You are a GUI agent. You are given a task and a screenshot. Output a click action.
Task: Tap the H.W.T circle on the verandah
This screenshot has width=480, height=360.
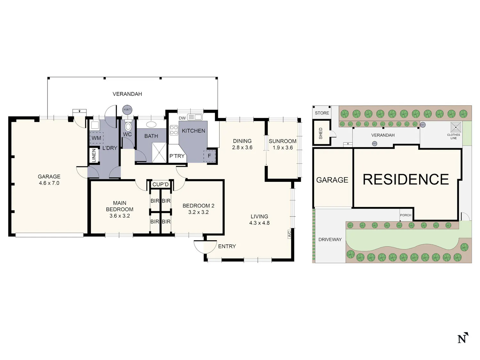click(127, 110)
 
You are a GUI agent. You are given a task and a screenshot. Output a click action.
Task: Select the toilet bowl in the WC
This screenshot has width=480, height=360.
click(128, 126)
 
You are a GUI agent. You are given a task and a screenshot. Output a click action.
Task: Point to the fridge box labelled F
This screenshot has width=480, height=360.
click(210, 156)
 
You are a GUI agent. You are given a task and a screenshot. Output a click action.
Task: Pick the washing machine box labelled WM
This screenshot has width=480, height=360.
click(96, 138)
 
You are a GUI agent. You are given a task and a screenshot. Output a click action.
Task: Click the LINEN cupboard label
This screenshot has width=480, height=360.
click(94, 156)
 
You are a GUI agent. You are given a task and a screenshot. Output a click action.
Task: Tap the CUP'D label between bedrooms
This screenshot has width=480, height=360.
click(161, 185)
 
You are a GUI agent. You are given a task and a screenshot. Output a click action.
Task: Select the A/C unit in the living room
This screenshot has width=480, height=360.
click(289, 234)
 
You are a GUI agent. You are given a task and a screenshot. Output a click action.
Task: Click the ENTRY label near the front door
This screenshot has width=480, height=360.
click(227, 246)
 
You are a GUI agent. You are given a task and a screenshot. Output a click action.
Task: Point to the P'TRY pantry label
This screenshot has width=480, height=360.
click(177, 156)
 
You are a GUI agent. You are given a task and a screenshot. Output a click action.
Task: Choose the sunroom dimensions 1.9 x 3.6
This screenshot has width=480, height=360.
click(283, 148)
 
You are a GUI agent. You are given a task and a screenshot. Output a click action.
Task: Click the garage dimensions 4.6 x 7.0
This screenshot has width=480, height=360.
click(49, 183)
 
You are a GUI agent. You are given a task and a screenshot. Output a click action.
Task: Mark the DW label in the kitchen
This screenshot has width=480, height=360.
click(182, 118)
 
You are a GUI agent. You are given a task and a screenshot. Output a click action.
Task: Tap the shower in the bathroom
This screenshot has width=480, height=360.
click(159, 153)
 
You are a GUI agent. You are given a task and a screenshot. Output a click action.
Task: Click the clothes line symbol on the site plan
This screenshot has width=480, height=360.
click(456, 127)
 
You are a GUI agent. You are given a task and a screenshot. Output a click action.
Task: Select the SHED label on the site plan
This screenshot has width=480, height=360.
click(321, 133)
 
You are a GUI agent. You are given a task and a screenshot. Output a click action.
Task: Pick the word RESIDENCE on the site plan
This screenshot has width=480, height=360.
click(406, 180)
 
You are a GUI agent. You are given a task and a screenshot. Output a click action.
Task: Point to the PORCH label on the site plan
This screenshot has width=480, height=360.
click(406, 215)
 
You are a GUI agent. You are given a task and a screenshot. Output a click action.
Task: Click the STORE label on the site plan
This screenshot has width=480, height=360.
click(322, 113)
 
